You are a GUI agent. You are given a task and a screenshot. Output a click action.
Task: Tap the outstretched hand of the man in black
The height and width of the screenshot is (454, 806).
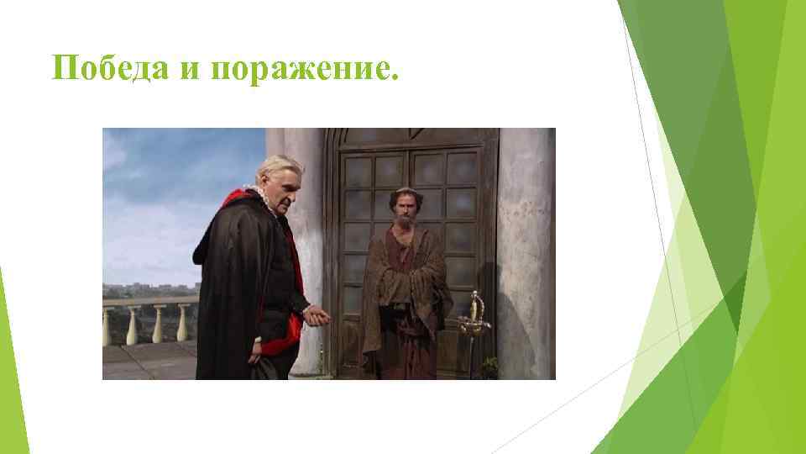317,316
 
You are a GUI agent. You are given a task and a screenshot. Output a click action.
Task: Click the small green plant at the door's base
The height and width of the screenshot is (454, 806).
488,367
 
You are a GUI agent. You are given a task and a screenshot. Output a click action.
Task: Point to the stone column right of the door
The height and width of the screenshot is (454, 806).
524,252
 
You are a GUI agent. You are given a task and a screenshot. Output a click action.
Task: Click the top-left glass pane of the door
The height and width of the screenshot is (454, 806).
358,171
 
